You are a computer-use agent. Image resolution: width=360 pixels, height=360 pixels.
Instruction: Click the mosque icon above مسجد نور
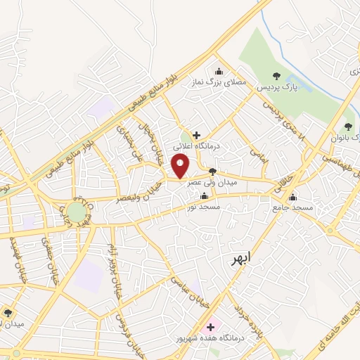point(204,196)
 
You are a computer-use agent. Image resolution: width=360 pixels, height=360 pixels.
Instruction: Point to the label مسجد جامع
point(295,209)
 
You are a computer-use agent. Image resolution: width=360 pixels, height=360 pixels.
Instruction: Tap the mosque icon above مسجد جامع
point(292,197)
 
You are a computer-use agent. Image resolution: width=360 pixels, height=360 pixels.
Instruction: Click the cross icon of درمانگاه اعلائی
point(196,134)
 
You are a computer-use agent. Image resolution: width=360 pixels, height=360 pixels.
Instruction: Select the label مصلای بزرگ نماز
point(219,82)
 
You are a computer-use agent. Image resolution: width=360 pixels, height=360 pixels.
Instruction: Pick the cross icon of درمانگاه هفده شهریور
point(210,326)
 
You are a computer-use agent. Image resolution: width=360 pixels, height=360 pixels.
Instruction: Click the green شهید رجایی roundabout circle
point(77,211)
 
